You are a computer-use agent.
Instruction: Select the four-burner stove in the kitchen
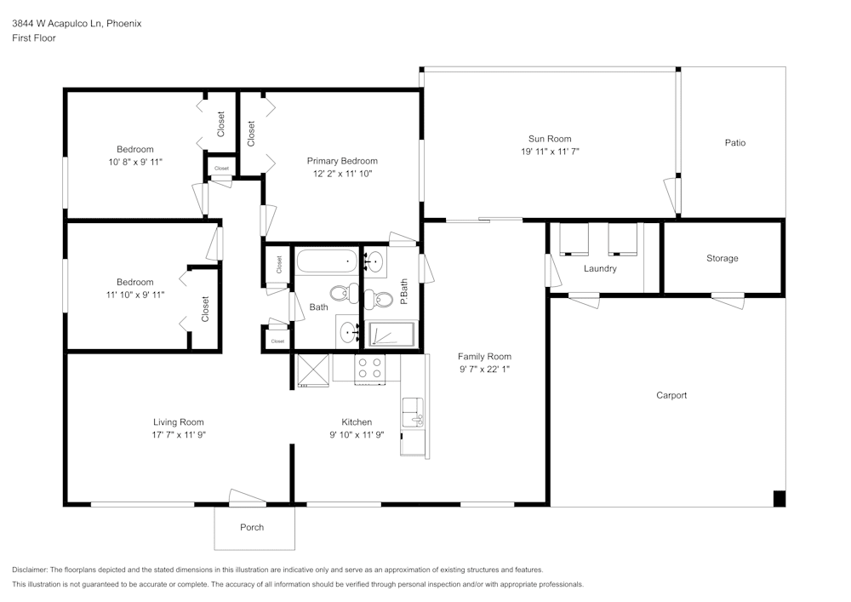pyautogui.click(x=371, y=367)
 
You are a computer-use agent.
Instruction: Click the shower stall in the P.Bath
pyautogui.click(x=391, y=335)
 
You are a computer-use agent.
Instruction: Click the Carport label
pyautogui.click(x=671, y=395)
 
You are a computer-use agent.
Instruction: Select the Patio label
pyautogui.click(x=734, y=143)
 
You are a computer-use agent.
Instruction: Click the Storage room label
pyautogui.click(x=722, y=258)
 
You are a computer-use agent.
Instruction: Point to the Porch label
pyautogui.click(x=252, y=527)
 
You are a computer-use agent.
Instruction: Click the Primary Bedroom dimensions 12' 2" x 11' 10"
pyautogui.click(x=342, y=173)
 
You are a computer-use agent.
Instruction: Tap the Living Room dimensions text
pyautogui.click(x=179, y=434)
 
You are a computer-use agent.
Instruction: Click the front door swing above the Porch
pyautogui.click(x=248, y=496)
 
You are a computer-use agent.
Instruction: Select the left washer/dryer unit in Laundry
pyautogui.click(x=574, y=238)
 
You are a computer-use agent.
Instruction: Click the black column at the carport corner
pyautogui.click(x=779, y=499)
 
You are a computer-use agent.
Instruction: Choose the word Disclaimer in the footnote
pyautogui.click(x=31, y=570)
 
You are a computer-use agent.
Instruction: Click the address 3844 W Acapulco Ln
pyautogui.click(x=56, y=24)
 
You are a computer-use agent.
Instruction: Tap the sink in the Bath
pyautogui.click(x=349, y=331)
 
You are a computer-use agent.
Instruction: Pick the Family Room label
pyautogui.click(x=484, y=357)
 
